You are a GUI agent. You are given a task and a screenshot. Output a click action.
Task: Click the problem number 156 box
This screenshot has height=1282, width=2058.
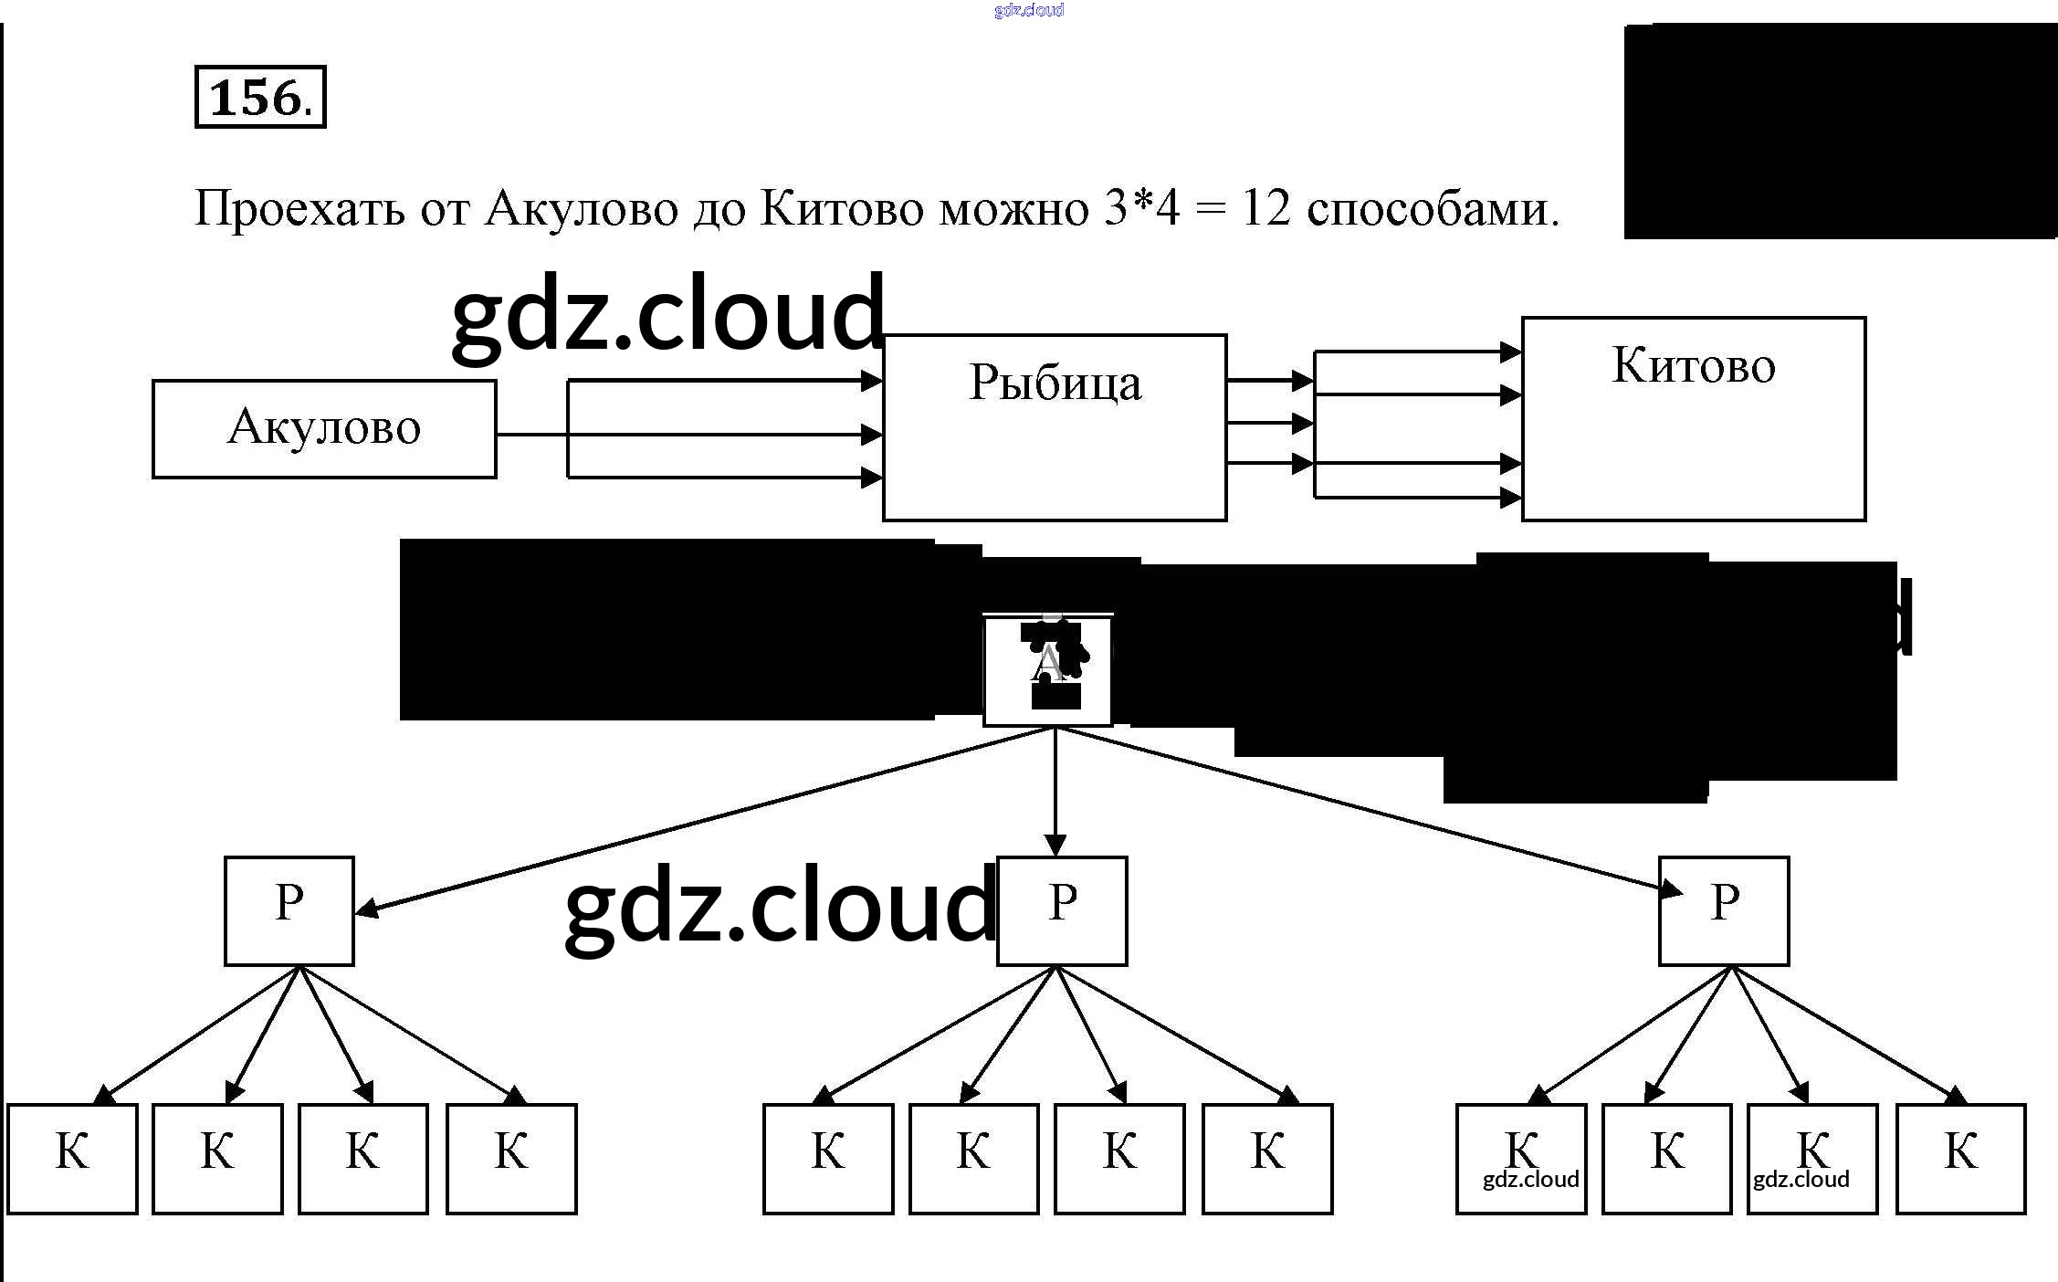point(260,97)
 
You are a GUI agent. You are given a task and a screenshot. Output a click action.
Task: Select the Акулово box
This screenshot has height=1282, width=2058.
point(324,428)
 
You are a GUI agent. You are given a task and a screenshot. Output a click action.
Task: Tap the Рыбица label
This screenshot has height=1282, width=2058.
point(1055,383)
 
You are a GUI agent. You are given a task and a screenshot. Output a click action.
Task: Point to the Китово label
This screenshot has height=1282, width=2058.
point(1694,365)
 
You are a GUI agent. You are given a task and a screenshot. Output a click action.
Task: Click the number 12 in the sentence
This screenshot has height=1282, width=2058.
point(1266,209)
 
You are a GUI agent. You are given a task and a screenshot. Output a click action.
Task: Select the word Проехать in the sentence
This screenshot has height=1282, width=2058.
point(299,209)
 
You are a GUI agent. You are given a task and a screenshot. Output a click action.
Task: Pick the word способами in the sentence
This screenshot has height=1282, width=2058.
point(1432,209)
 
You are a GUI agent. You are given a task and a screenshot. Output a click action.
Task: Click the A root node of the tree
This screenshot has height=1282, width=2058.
point(1047,671)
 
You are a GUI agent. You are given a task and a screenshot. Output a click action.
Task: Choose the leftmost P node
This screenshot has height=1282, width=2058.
point(289,910)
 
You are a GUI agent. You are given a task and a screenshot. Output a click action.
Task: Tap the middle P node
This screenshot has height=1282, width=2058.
point(1062,910)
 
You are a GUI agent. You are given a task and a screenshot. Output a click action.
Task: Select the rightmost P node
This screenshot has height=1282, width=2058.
point(1724,910)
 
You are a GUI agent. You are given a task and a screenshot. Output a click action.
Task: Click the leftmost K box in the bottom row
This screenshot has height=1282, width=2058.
point(72,1158)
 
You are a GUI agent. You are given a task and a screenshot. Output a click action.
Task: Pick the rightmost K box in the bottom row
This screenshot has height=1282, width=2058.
point(1960,1158)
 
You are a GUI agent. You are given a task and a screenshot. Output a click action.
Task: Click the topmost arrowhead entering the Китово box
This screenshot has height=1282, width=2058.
point(1511,352)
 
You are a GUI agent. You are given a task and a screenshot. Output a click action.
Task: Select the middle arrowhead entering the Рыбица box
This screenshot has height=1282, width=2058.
point(872,435)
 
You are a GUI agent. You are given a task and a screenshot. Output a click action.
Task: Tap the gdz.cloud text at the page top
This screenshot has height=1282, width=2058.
point(1029,10)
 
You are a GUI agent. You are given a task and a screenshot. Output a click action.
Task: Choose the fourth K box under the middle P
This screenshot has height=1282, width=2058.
point(1267,1158)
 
